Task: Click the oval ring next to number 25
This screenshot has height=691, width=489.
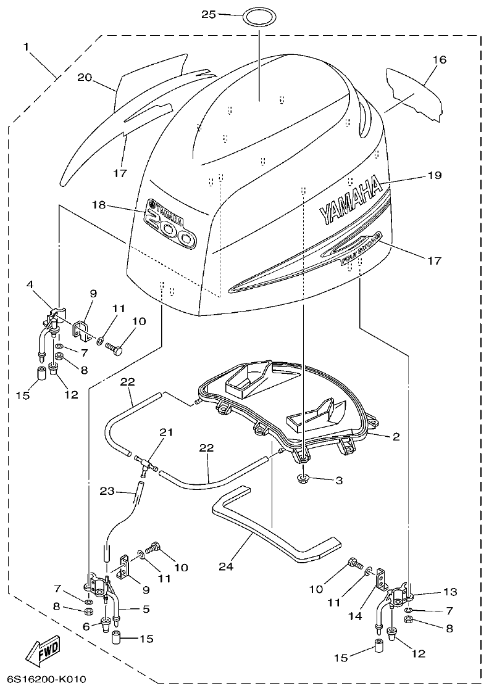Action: point(258,15)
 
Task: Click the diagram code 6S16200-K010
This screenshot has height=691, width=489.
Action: point(43,679)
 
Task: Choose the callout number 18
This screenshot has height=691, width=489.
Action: point(99,204)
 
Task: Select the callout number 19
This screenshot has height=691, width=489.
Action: point(434,175)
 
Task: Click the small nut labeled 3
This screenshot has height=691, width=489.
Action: point(302,479)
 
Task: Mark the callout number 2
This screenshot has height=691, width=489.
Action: point(396,437)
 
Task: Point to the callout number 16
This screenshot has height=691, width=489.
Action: point(439,60)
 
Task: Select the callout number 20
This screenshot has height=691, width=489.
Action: point(85,77)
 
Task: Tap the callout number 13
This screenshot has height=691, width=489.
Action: point(449,592)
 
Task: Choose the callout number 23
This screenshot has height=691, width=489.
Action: point(108,491)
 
